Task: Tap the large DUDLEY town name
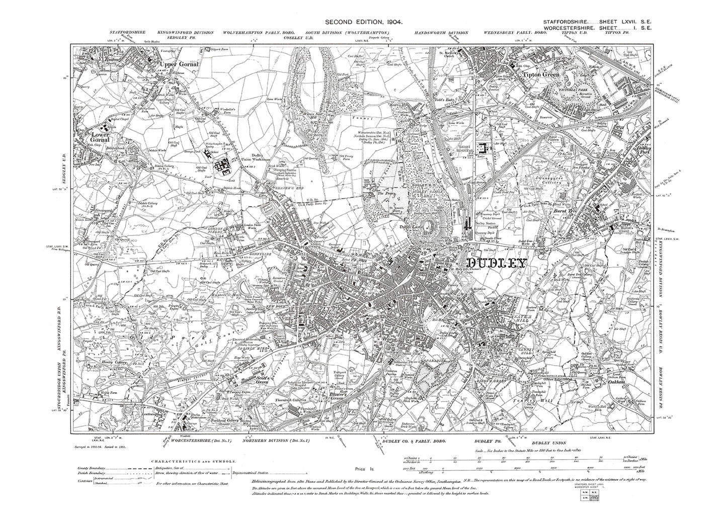497,263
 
